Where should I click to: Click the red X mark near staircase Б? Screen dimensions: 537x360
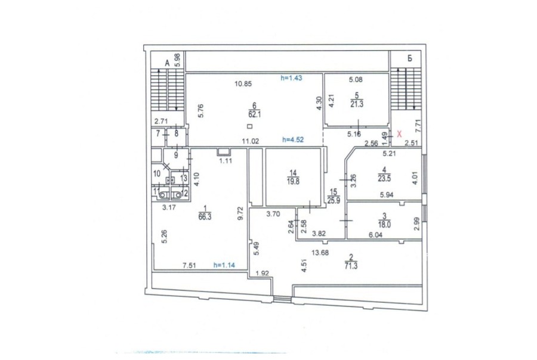pos(399,134)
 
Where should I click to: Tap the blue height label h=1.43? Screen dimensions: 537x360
pos(291,78)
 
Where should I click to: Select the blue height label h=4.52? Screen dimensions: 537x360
pos(293,139)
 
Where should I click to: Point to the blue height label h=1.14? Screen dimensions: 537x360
pos(224,265)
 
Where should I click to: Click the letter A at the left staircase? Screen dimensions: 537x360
pos(167,63)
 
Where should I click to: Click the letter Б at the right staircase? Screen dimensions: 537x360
pos(410,58)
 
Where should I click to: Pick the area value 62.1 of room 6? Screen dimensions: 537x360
pos(255,114)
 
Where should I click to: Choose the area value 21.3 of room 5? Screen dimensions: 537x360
pos(357,104)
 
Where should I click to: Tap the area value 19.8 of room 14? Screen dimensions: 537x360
pos(293,182)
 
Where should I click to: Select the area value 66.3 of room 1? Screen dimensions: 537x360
pos(205,216)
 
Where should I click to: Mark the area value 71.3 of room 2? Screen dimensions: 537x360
pos(351,266)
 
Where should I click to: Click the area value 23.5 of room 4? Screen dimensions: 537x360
pos(384,178)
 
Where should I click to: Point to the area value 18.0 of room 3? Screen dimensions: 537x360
pos(384,225)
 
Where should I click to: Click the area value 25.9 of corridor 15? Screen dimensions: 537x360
pos(334,201)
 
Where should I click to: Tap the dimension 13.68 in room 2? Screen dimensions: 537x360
pos(320,253)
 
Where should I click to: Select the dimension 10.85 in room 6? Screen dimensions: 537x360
pos(243,83)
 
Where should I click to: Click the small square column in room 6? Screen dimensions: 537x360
pos(249,126)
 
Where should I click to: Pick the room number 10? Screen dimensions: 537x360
pos(157,174)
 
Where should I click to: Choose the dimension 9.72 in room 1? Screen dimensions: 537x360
pos(240,213)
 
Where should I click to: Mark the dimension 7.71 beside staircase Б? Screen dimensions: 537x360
pos(417,126)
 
